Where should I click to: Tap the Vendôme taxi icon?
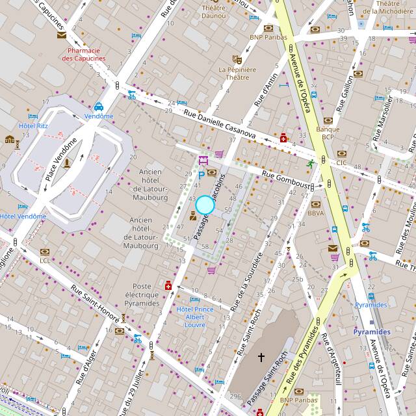[99, 107]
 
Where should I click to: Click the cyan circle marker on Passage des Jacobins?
[205, 205]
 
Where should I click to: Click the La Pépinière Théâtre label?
[237, 73]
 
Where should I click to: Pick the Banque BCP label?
[328, 133]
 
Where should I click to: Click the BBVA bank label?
[316, 213]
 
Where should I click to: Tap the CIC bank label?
[342, 162]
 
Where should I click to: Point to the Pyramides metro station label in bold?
[372, 331]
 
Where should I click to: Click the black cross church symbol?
[262, 357]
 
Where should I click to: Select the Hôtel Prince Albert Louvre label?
[195, 317]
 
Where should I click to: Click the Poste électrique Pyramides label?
[146, 294]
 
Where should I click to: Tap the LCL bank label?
[44, 261]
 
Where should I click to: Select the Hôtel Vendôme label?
[23, 216]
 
